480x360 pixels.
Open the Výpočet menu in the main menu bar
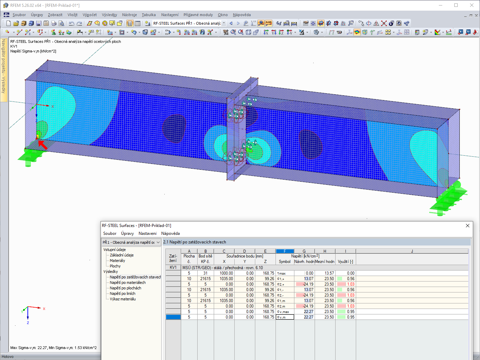point(90,15)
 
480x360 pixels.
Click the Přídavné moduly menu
point(198,15)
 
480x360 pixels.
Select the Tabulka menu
point(149,15)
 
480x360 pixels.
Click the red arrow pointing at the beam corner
point(43,145)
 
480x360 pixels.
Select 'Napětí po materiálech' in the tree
point(128,283)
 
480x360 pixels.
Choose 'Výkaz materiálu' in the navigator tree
point(123,299)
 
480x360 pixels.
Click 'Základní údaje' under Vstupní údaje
point(121,255)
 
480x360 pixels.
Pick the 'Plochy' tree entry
point(115,266)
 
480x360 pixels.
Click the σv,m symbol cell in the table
point(285,317)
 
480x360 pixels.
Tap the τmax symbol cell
point(285,273)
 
